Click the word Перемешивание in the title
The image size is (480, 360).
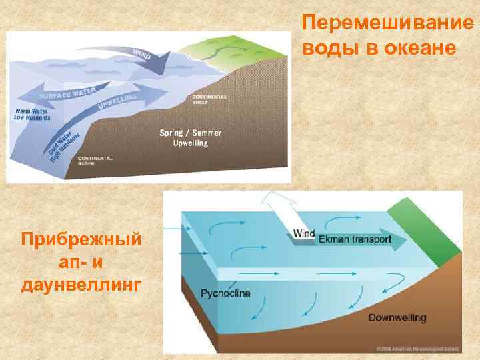click(388, 23)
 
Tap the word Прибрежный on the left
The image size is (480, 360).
click(81, 239)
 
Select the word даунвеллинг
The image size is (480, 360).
click(81, 285)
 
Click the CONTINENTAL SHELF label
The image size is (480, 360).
click(209, 99)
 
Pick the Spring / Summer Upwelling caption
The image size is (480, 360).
click(190, 138)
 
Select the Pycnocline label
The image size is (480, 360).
click(225, 293)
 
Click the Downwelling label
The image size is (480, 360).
click(397, 317)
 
